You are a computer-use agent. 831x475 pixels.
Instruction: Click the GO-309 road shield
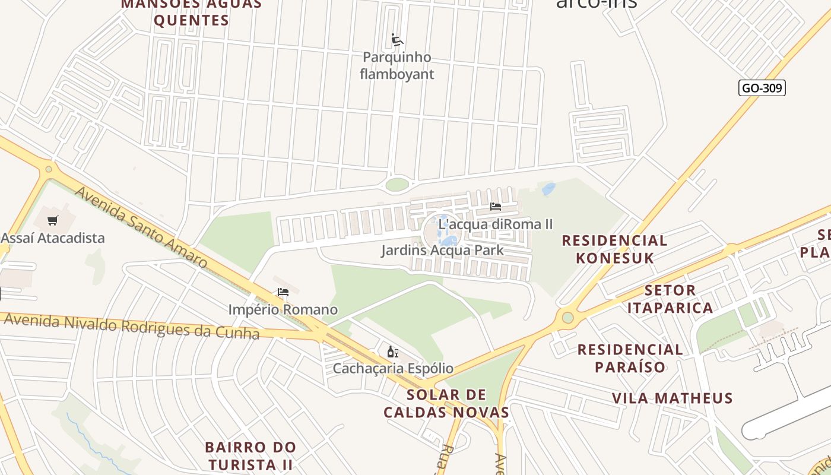762,88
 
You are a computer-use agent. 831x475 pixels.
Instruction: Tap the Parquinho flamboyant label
397,66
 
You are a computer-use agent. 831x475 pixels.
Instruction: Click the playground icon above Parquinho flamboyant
397,40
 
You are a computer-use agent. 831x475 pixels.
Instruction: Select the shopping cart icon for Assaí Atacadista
53,221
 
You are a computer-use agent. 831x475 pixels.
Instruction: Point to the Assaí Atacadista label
53,238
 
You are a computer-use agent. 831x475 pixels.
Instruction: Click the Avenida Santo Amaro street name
141,227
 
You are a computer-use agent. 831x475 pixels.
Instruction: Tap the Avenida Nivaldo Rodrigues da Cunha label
132,326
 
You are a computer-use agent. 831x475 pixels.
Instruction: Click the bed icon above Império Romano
283,292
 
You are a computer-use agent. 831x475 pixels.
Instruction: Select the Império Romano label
283,309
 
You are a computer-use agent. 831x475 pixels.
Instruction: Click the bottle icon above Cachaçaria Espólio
392,351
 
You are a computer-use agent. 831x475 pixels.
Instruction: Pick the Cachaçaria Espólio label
392,368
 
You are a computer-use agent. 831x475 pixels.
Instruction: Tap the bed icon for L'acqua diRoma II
496,207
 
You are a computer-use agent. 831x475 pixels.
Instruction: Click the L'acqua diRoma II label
496,224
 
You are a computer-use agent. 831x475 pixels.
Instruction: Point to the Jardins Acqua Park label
442,250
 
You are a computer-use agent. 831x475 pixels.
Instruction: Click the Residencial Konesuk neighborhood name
614,249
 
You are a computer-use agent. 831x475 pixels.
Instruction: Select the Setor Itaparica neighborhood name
670,299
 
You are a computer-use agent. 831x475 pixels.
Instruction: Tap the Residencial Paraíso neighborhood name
630,358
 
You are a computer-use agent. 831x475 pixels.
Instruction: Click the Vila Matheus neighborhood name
673,398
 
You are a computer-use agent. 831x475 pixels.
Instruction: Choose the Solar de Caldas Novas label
446,403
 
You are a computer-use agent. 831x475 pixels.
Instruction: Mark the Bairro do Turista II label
250,455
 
